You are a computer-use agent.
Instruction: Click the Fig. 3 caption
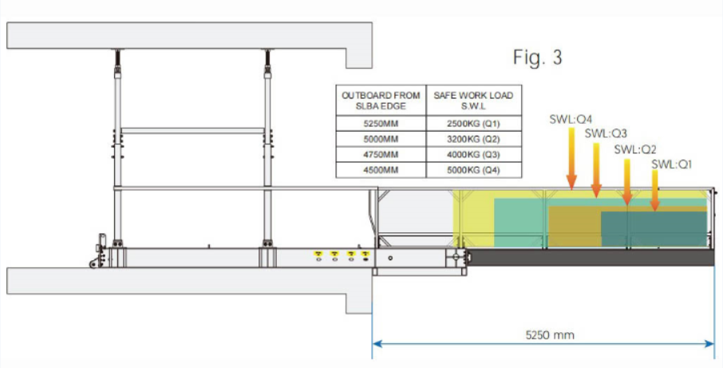coord(538,57)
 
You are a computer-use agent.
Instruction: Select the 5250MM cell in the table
coord(381,124)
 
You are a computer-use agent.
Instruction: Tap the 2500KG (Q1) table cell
coord(473,124)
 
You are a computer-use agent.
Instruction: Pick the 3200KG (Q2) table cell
coord(473,139)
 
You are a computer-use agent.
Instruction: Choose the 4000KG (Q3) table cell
coord(473,155)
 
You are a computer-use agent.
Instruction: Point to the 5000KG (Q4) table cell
coord(473,170)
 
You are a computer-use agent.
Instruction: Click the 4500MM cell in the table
coord(381,170)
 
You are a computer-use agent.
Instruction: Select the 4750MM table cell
coord(381,155)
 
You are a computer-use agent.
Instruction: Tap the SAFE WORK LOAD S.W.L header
coord(473,100)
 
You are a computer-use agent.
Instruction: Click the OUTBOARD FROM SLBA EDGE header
coord(381,100)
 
